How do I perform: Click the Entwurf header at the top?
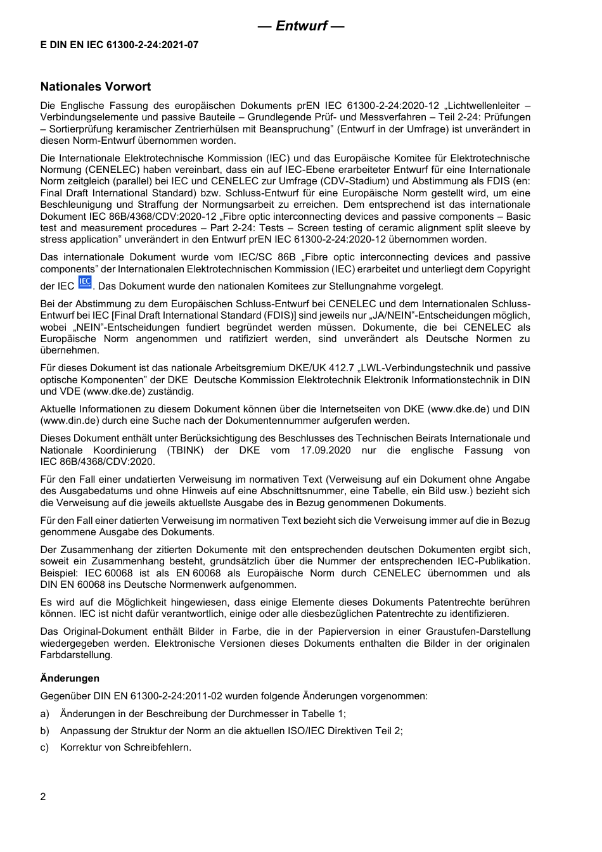point(301,26)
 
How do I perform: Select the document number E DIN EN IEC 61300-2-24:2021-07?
point(119,45)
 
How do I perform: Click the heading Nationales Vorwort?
point(96,87)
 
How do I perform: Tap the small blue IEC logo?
point(85,283)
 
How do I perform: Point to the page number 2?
point(43,796)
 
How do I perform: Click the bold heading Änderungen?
point(70,678)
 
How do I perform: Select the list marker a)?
point(44,713)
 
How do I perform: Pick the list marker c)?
point(44,747)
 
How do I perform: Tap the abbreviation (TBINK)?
point(186,450)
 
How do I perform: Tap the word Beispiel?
point(59,573)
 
